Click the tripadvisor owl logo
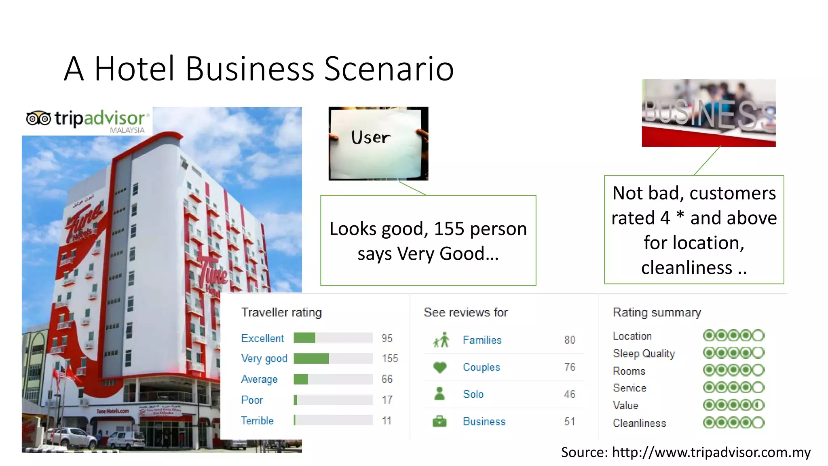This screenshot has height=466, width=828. pos(38,119)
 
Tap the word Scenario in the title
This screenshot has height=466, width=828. pos(389,69)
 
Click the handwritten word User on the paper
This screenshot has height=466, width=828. pos(371,138)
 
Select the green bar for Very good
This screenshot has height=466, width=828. pos(311,358)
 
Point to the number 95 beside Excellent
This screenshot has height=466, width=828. pos(387,338)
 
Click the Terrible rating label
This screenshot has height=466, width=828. pos(257,421)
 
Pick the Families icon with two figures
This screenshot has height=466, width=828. pos(441,340)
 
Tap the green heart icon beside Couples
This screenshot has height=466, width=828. pos(439,367)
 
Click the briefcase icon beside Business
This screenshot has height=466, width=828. pos(439,422)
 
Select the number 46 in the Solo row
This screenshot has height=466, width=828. pos(569,394)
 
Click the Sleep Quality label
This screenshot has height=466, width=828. pos(644,354)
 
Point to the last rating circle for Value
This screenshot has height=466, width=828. pos(758,405)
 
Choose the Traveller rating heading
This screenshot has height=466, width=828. pos(281,312)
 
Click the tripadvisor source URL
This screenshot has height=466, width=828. pos(711,452)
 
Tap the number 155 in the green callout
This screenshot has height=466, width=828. pos(449,229)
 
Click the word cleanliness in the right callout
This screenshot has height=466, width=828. pos(686,267)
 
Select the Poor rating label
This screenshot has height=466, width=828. pos(252,400)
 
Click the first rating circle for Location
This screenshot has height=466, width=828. pos(709,335)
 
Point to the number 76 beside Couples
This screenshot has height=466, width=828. pos(569,367)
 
